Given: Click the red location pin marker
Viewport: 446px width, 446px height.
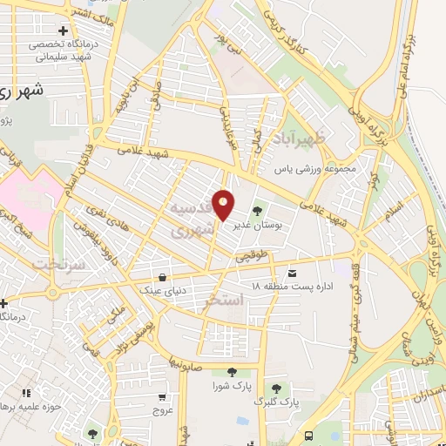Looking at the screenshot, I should tap(224, 205).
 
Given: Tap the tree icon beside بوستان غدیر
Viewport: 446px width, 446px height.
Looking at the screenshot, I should tap(258, 210).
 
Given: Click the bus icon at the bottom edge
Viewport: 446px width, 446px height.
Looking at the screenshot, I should tap(309, 435).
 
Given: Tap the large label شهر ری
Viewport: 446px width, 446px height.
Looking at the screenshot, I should tap(22, 91).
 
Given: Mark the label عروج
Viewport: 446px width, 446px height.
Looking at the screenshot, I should tap(163, 409).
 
